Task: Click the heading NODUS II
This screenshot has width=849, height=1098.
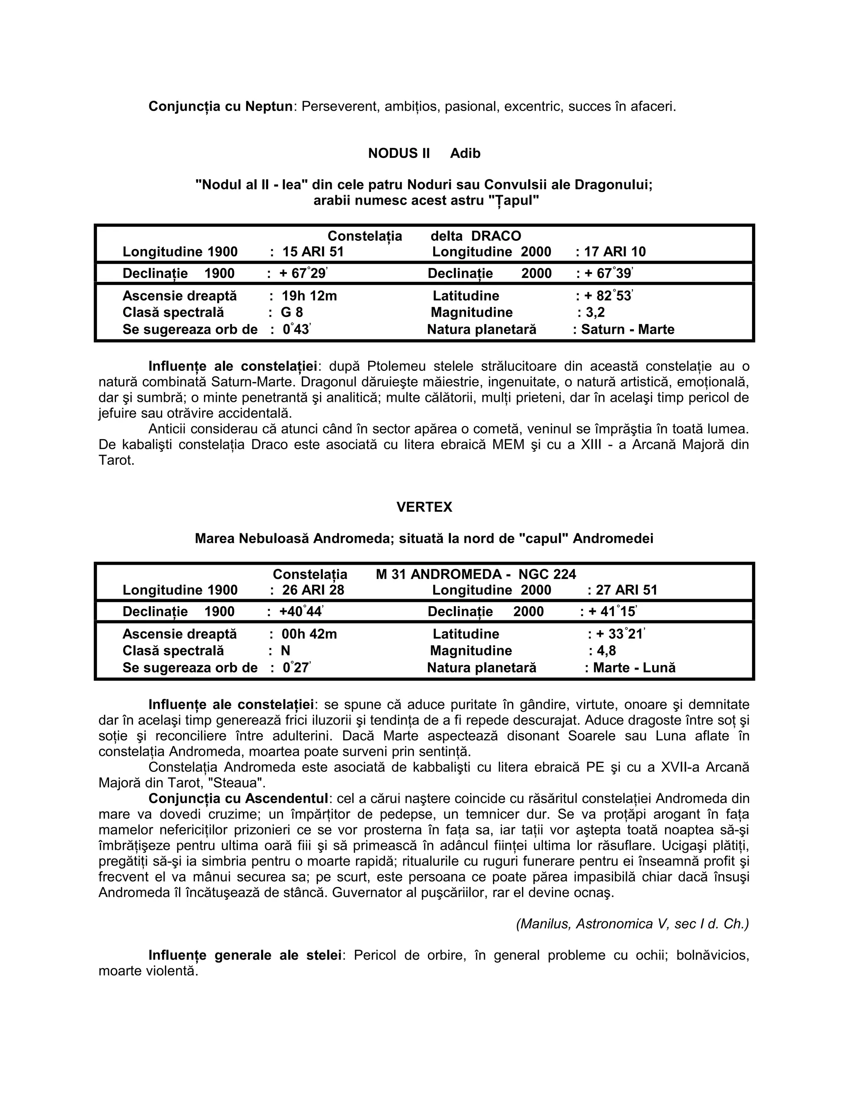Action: pos(399,153)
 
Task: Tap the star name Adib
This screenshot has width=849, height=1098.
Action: pos(465,153)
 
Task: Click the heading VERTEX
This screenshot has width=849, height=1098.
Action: pos(424,507)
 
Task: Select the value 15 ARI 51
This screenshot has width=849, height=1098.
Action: pos(313,252)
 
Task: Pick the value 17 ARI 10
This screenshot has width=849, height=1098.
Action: pos(615,252)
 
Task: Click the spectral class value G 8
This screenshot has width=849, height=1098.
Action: pos(292,313)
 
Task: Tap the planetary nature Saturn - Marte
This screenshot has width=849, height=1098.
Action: pos(628,330)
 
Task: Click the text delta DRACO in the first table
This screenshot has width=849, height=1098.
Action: pos(476,236)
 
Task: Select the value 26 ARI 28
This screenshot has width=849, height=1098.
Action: pos(313,590)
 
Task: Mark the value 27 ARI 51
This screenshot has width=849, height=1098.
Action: pos(627,590)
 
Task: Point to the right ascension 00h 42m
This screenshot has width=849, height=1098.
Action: pos(309,634)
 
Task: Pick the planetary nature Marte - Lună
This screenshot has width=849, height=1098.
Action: pos(634,668)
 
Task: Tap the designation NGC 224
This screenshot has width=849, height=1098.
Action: pos(547,574)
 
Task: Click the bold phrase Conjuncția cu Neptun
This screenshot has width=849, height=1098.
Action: pos(220,106)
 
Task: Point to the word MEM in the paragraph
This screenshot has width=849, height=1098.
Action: pos(509,445)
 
